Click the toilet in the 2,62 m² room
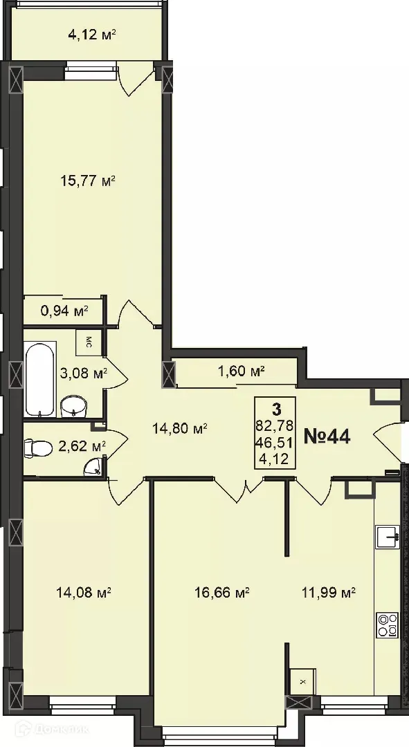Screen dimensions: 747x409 coord(39,449)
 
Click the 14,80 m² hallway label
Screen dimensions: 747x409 coord(180,428)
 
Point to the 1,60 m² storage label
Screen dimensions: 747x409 coord(242,372)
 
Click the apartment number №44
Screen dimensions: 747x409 coord(328,436)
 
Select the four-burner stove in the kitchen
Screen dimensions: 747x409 coord(388,625)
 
